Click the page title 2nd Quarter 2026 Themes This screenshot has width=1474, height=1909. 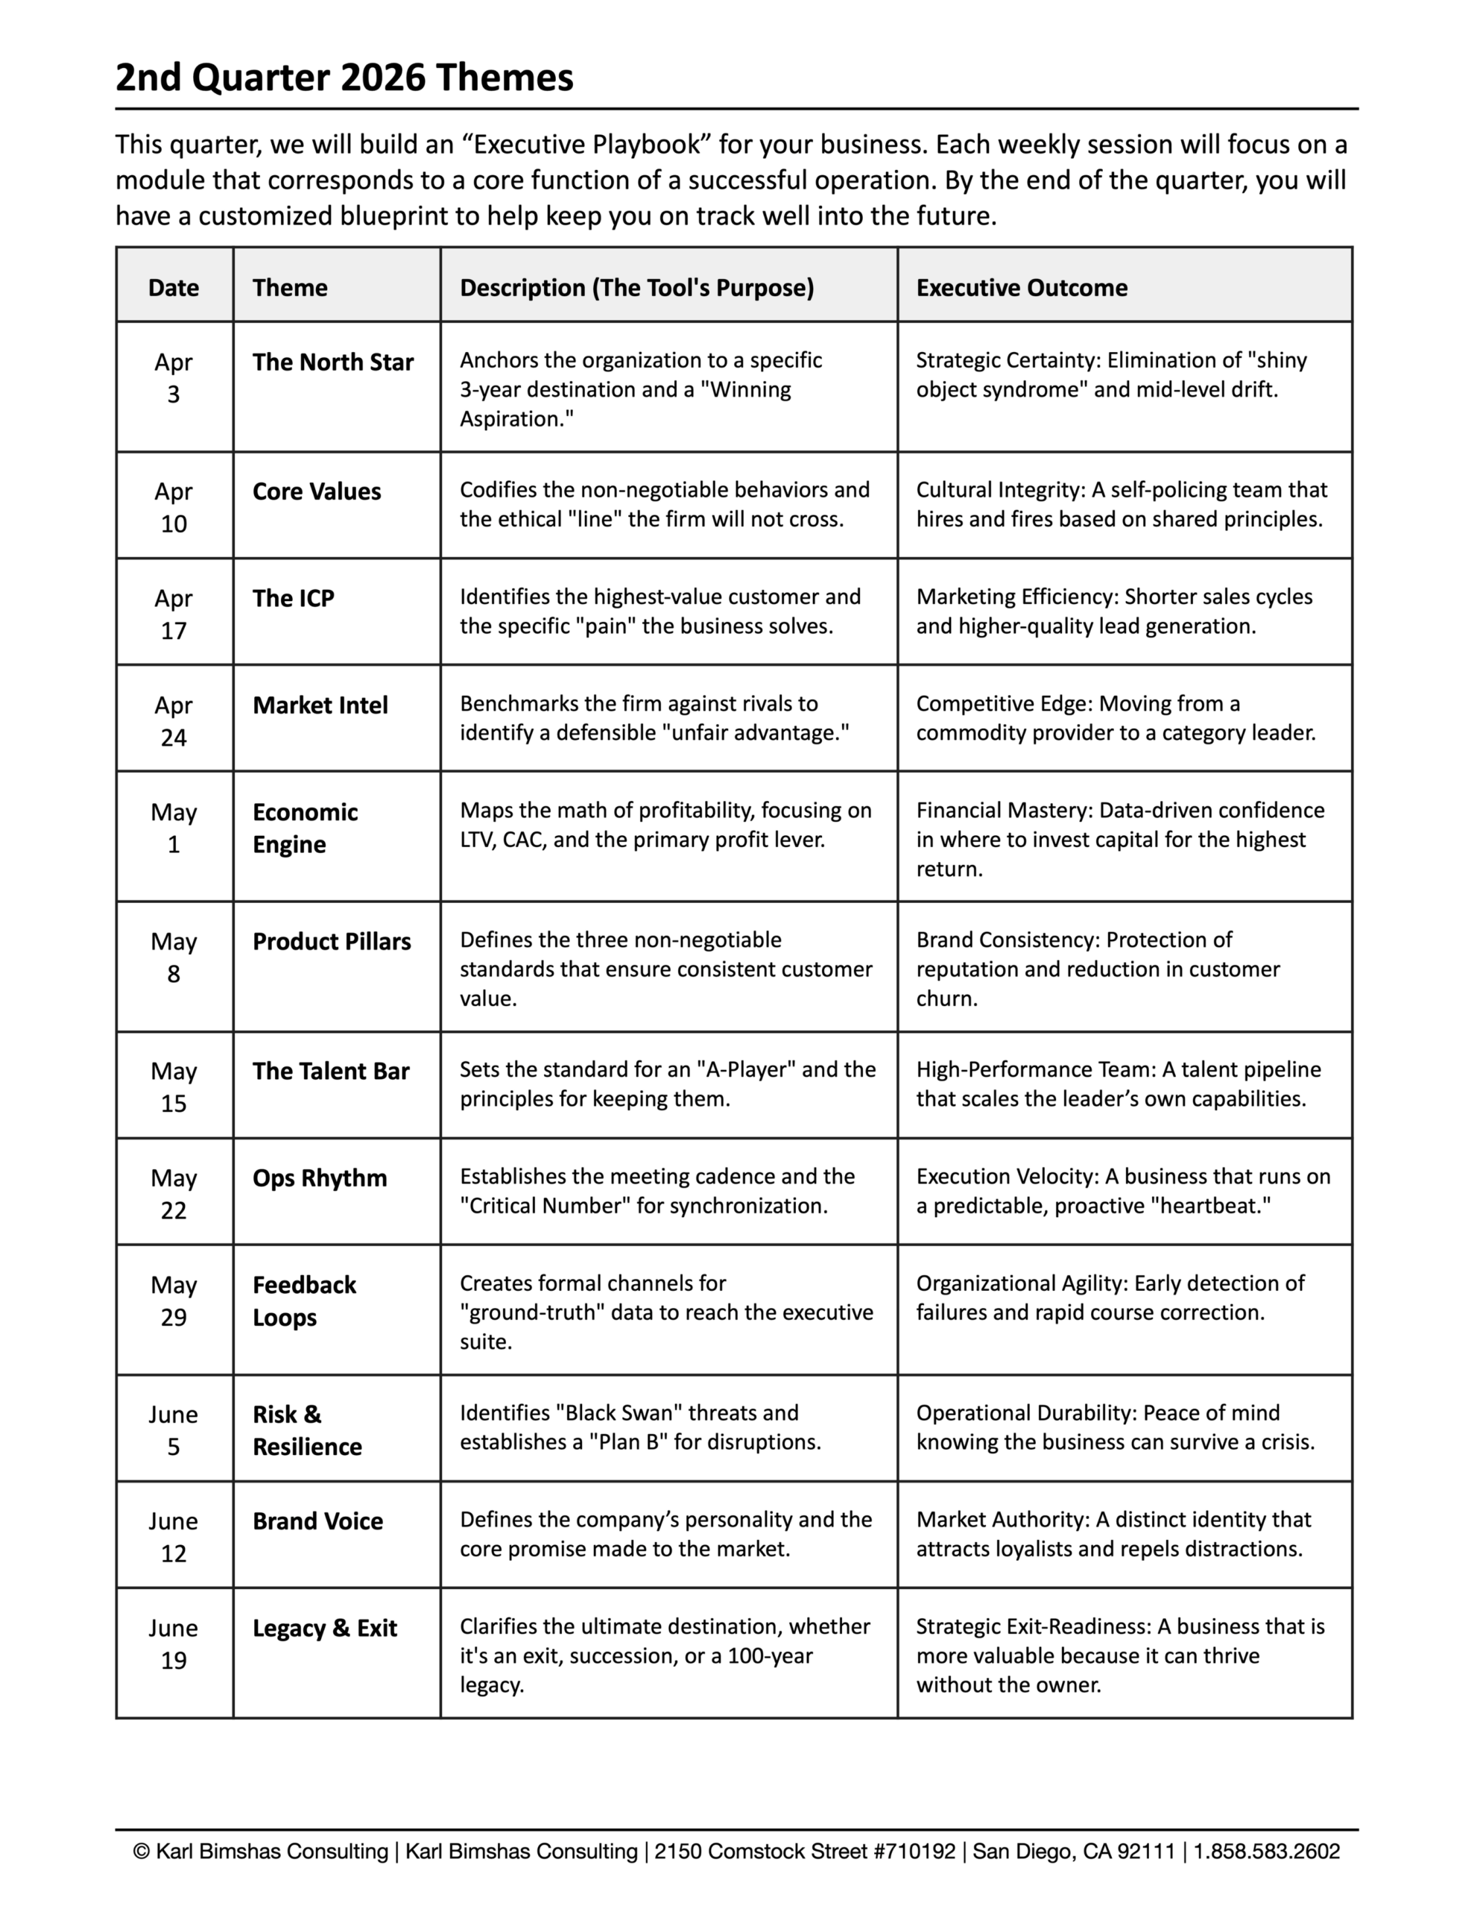tap(344, 78)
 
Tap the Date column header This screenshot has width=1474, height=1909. tap(173, 288)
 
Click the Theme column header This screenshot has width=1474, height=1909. tap(289, 288)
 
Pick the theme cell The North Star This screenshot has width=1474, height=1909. tap(332, 362)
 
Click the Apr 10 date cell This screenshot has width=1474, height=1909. tap(173, 507)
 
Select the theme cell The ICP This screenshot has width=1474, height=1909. tap(293, 598)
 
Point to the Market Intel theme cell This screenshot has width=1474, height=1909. tap(320, 705)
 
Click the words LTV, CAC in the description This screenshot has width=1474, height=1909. tap(502, 839)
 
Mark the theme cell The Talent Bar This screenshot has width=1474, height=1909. tap(330, 1071)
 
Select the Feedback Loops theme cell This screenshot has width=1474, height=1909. tap(303, 1300)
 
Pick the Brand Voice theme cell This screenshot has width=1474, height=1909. tap(317, 1521)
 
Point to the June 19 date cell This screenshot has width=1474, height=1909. tap(173, 1644)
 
